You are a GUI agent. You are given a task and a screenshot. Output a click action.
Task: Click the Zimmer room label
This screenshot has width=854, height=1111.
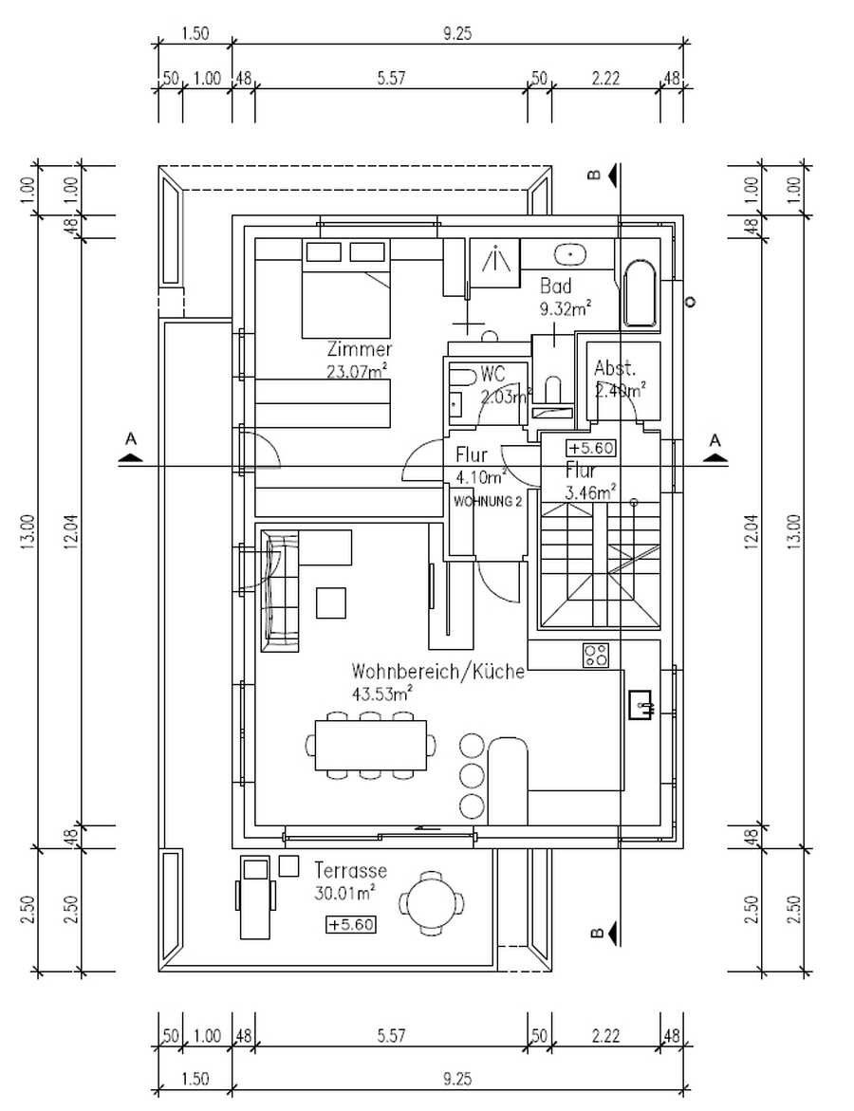(359, 349)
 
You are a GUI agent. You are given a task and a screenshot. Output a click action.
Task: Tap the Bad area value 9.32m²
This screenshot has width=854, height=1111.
(566, 308)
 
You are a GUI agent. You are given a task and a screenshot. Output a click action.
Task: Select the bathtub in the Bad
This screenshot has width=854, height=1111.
(640, 295)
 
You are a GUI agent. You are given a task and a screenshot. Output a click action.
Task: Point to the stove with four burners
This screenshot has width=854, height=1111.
(596, 654)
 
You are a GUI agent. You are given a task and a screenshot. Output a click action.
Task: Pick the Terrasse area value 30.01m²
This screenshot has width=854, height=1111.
(344, 892)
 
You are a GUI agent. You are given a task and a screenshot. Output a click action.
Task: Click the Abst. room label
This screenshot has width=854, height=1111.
(614, 369)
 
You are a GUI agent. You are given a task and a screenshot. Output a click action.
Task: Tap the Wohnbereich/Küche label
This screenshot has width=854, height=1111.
(437, 672)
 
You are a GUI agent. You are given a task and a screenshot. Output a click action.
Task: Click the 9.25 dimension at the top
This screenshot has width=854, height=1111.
(458, 33)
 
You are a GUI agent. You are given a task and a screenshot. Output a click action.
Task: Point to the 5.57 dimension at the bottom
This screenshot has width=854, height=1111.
(390, 1036)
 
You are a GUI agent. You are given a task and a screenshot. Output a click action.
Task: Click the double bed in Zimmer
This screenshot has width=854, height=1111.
(346, 289)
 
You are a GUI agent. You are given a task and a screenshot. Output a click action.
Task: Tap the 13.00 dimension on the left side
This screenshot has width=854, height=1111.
(27, 531)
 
